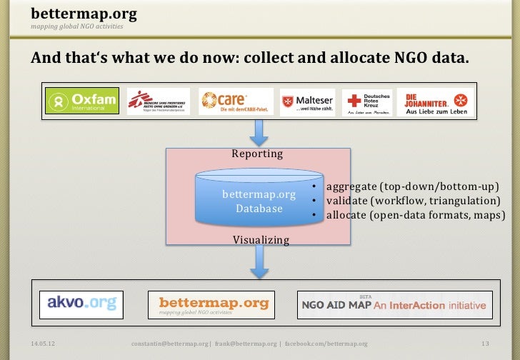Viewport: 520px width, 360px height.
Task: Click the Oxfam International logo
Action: click(81, 101)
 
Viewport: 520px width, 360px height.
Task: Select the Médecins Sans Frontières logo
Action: click(158, 101)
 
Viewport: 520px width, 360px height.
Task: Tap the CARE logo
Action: click(236, 101)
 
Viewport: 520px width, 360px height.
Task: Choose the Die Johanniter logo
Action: click(435, 101)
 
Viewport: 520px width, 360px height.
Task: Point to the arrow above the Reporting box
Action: click(257, 131)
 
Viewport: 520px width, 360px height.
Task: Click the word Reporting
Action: click(257, 154)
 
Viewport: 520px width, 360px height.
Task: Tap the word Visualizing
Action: click(261, 240)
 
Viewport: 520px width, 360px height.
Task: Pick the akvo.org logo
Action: click(81, 303)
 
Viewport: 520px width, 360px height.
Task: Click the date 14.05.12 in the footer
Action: click(44, 344)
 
